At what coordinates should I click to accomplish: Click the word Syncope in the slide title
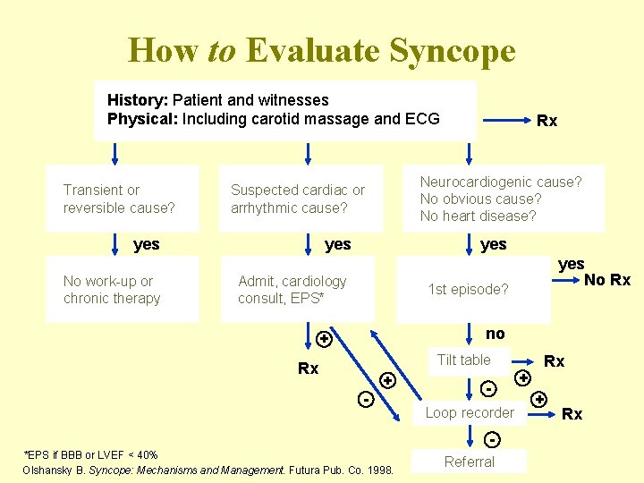(x=448, y=51)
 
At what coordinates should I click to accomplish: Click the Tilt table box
(x=464, y=360)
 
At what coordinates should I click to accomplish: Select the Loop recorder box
(x=470, y=412)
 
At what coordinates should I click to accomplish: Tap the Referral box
(x=469, y=462)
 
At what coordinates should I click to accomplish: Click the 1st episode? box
(x=468, y=289)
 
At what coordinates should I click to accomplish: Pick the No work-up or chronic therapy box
(x=112, y=290)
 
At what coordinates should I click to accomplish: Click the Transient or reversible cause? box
(x=119, y=199)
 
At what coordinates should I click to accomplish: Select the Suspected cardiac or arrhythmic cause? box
(x=298, y=199)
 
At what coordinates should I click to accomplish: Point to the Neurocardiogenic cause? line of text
(x=501, y=182)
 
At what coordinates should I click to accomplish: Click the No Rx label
(x=607, y=281)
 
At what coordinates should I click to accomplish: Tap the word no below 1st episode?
(x=495, y=334)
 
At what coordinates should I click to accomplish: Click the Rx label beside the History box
(x=547, y=121)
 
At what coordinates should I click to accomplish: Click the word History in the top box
(x=137, y=100)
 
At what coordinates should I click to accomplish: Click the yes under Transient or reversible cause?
(x=147, y=244)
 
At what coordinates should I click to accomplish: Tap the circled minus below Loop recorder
(x=491, y=439)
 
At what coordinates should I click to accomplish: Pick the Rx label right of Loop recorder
(x=572, y=413)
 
